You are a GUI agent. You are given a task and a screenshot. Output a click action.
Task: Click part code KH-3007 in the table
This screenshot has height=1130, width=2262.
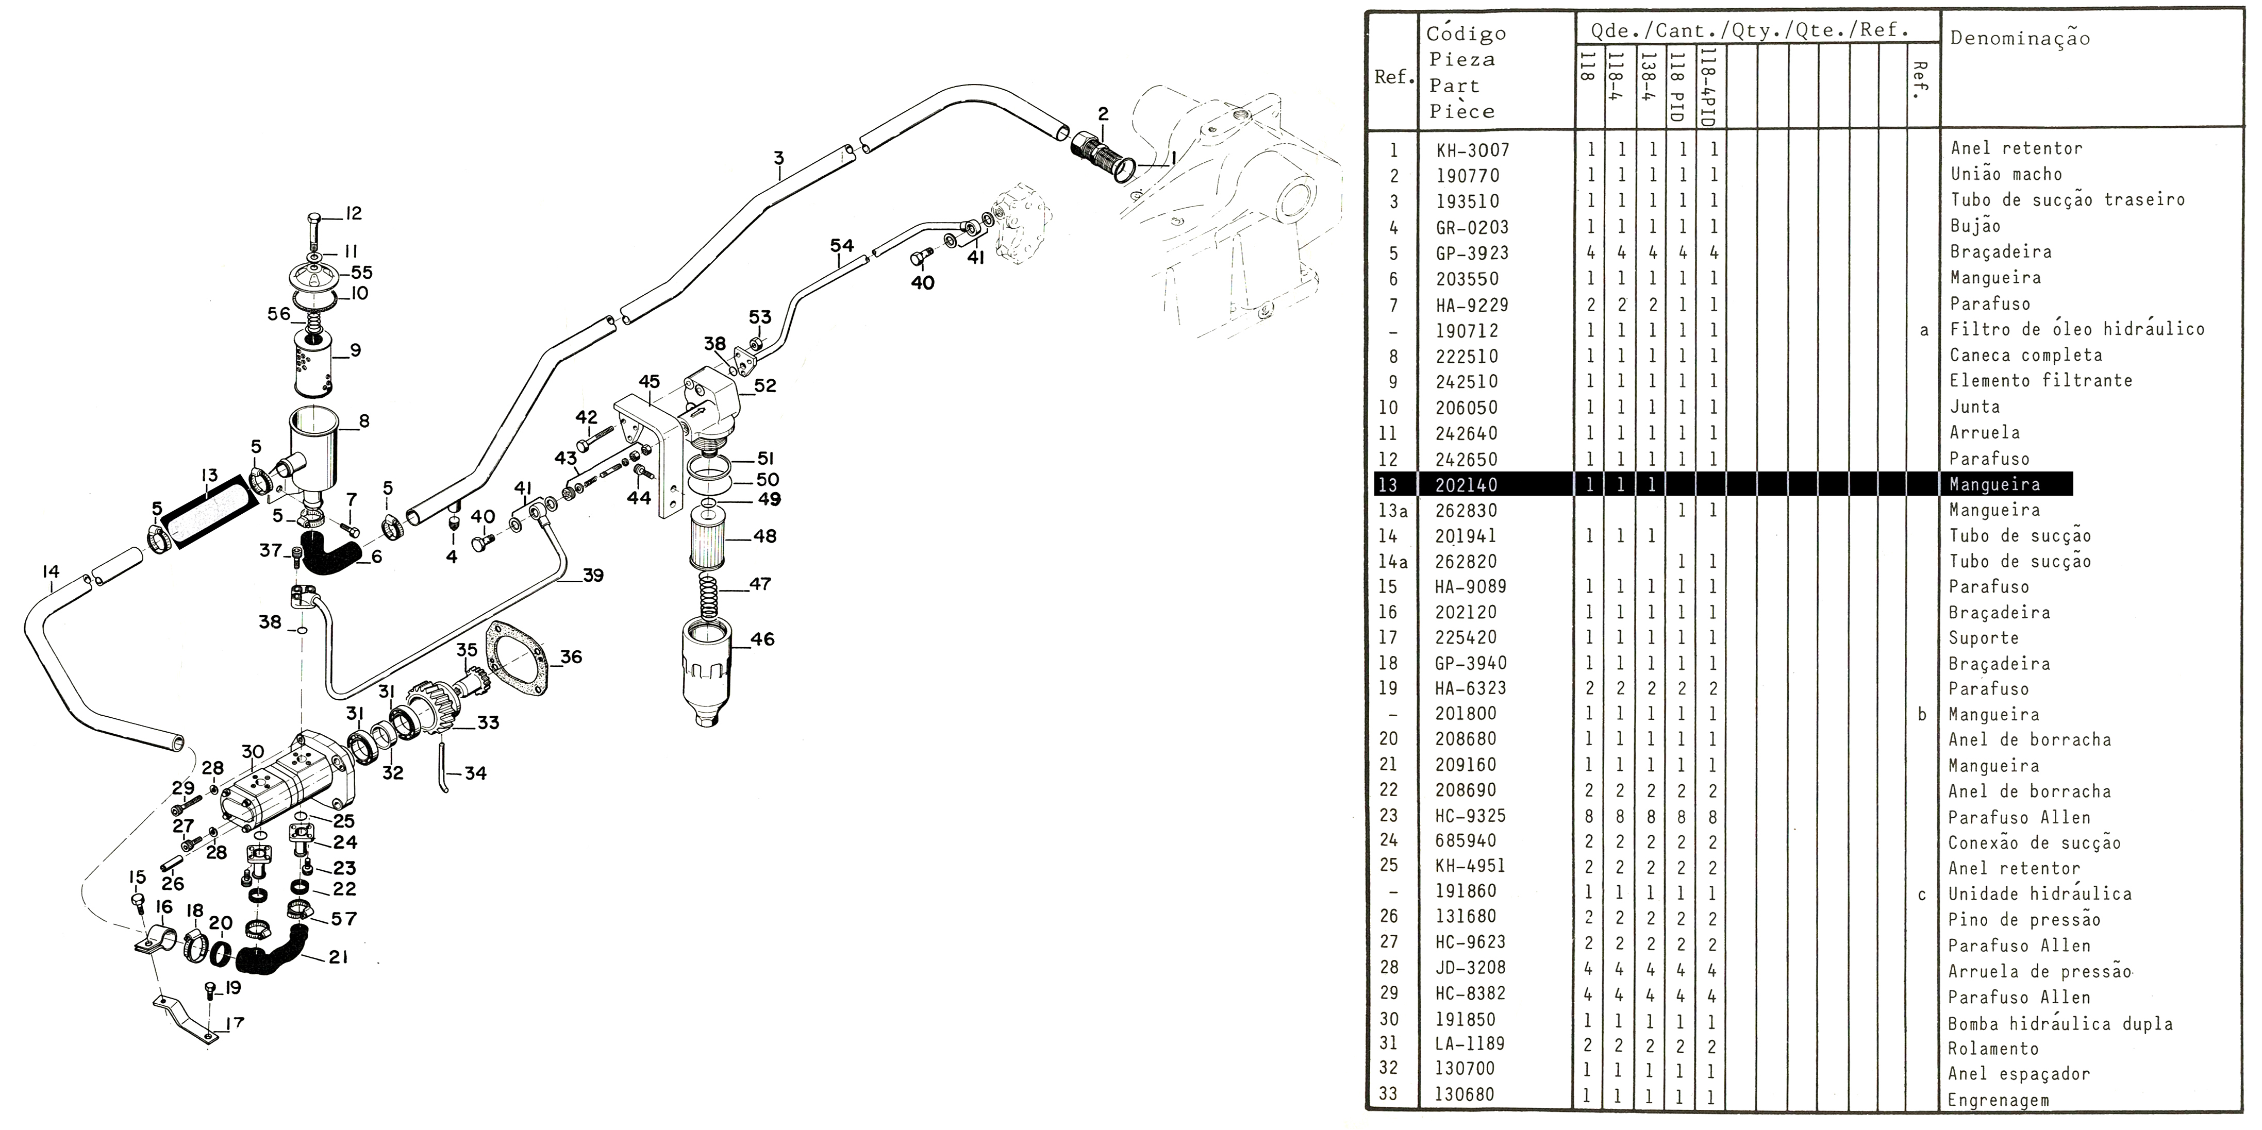(x=1473, y=150)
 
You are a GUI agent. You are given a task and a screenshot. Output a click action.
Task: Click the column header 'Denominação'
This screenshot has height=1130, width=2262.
(x=2020, y=38)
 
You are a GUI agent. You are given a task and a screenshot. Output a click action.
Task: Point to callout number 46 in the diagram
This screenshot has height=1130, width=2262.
(x=762, y=639)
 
